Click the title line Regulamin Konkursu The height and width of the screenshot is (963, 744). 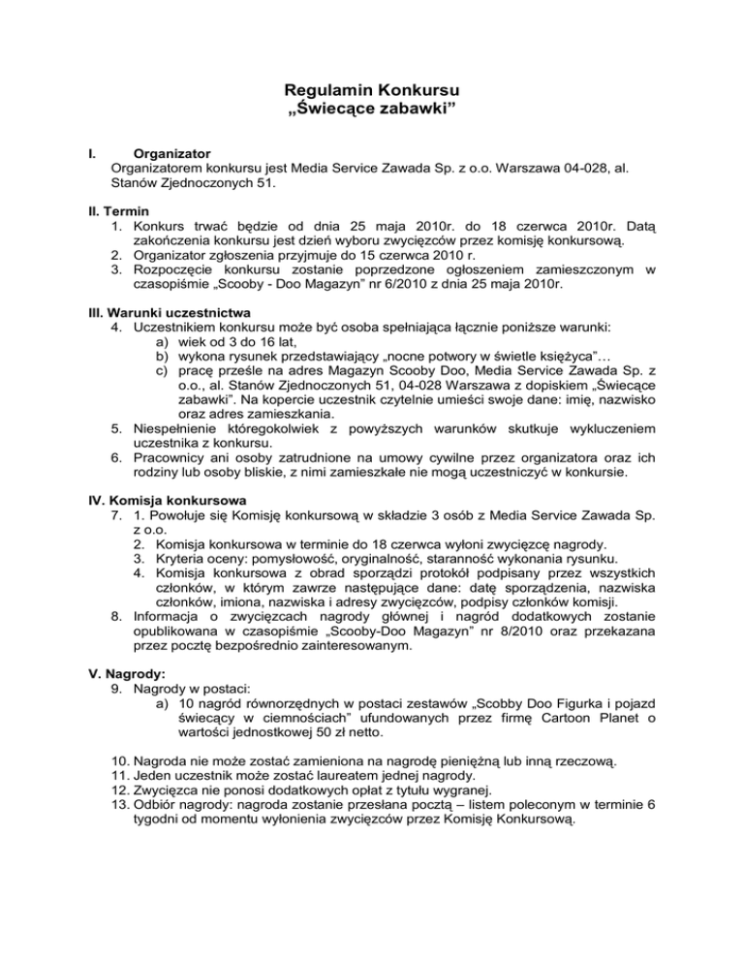[x=372, y=93]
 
